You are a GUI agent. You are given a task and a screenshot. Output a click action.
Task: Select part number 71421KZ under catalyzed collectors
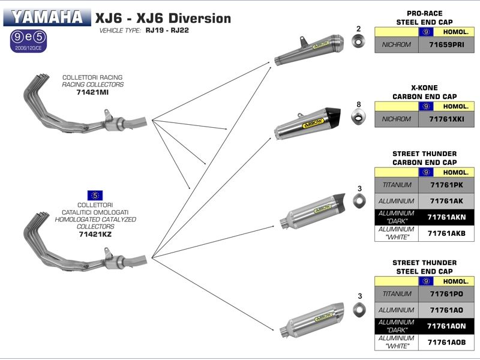coord(95,234)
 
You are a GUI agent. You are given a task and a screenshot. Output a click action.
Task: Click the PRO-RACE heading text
coord(424,13)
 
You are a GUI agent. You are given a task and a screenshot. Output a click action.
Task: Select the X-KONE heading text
coord(424,88)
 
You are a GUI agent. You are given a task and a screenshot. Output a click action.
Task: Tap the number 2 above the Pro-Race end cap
coord(358,29)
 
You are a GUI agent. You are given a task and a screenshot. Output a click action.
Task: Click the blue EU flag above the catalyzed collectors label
coord(94,195)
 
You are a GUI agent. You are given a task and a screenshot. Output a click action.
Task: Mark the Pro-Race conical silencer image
coord(309,50)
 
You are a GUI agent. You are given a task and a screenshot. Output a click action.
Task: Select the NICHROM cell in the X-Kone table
coord(397,119)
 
